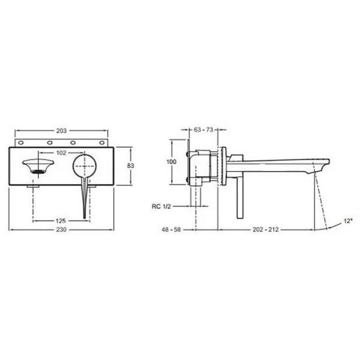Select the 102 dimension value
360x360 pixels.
click(x=61, y=153)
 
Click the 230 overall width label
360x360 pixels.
click(x=61, y=230)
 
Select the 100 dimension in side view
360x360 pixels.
click(x=172, y=163)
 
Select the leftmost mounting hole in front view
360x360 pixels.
click(x=22, y=143)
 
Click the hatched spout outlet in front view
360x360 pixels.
click(x=37, y=172)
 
